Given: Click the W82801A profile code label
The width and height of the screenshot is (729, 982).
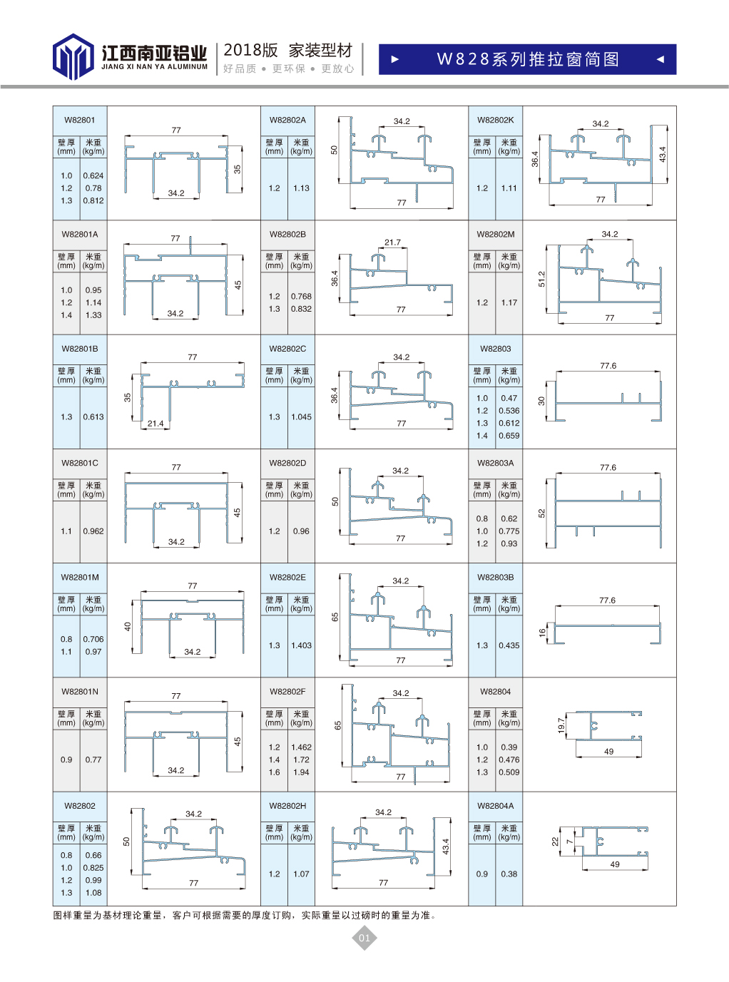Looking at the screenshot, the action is (80, 234).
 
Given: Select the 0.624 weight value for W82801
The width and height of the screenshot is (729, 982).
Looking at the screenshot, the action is (93, 175).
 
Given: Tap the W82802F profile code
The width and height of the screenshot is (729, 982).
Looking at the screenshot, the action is (287, 692).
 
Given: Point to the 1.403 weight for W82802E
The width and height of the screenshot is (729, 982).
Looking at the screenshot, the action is (301, 645).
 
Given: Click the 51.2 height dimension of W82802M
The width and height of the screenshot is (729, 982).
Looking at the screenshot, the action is (541, 279).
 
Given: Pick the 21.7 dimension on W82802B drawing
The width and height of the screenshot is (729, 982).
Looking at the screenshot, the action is (392, 242).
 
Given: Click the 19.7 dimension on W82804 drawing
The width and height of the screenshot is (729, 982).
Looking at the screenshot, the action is (561, 725).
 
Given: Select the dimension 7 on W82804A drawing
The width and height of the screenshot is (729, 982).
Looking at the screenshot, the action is (569, 842).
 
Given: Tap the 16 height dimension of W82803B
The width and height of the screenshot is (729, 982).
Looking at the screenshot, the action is (542, 633).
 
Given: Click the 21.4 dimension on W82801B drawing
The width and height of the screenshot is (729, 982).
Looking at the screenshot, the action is (156, 424).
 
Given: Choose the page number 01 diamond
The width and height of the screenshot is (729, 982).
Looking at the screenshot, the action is (364, 938).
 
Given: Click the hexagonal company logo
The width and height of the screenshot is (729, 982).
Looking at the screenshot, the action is (73, 56).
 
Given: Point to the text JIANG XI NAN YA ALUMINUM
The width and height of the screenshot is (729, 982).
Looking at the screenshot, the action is (155, 67).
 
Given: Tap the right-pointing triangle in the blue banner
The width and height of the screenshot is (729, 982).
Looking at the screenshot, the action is (395, 59).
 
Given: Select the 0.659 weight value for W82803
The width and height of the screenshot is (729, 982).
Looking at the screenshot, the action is (509, 436).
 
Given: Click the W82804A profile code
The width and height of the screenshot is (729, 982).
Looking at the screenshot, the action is (496, 806).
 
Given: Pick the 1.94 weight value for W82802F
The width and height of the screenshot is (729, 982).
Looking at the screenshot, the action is (301, 772).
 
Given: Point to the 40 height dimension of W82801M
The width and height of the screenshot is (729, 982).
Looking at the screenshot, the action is (128, 626).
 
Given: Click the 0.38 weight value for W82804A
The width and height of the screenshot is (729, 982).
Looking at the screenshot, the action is (509, 874).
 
